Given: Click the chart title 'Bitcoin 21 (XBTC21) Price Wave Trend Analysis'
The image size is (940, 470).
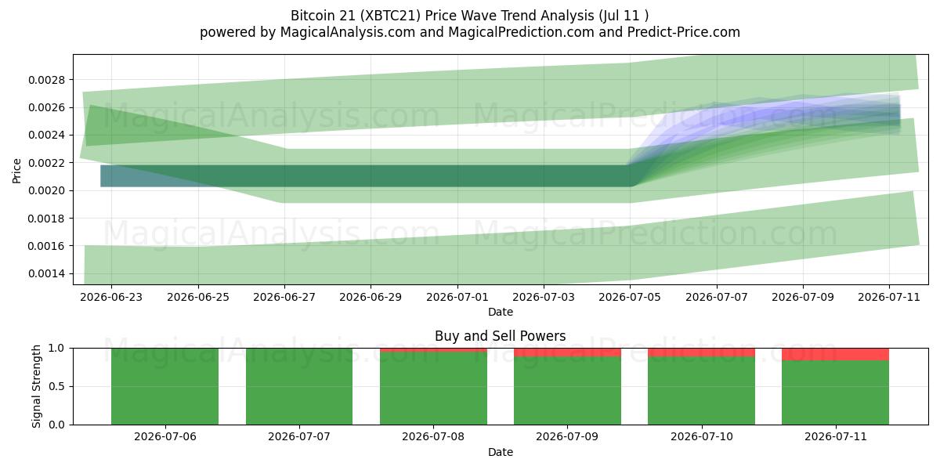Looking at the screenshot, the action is (x=443, y=16).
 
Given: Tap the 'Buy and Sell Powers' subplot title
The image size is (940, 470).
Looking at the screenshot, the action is (x=501, y=336).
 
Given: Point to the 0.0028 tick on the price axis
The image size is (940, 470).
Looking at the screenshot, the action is (x=47, y=80).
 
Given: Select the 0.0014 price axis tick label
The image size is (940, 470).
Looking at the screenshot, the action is (x=47, y=273).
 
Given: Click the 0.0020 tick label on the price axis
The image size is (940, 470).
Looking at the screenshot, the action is (x=47, y=190).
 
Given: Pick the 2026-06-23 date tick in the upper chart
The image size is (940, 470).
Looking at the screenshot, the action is (x=111, y=297).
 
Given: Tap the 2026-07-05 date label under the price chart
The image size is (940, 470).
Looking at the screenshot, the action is (x=630, y=297).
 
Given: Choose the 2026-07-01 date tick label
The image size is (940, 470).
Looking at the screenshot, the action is (x=457, y=297).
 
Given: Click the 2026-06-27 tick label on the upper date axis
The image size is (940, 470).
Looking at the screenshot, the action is (x=284, y=297).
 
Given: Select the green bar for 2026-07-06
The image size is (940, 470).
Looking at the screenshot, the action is (x=165, y=386).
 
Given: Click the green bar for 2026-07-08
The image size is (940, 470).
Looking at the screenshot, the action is (x=433, y=389).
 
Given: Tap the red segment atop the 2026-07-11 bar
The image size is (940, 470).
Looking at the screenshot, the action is (x=835, y=354).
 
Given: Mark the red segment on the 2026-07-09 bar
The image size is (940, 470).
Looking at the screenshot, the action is (x=567, y=352).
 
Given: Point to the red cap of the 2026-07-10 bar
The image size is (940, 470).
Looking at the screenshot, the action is (x=701, y=352).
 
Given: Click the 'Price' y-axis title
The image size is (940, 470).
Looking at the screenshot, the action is (x=16, y=171).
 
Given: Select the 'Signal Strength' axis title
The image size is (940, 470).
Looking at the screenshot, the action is (x=36, y=386).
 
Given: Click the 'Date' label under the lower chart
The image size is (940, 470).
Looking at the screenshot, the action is (x=501, y=452).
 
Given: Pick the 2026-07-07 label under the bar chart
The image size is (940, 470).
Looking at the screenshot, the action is (x=299, y=437).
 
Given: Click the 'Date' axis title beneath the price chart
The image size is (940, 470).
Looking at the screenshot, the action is (x=501, y=312).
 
